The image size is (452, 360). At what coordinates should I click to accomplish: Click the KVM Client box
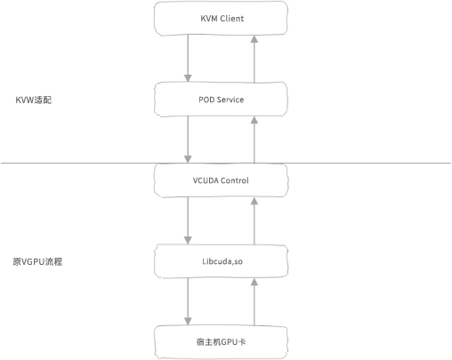click(x=221, y=19)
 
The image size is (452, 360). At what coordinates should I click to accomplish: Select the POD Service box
click(x=221, y=100)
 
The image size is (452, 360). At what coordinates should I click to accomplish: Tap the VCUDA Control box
click(x=221, y=180)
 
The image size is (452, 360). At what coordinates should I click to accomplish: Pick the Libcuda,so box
click(x=221, y=261)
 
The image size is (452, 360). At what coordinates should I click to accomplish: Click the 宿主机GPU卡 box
click(x=221, y=342)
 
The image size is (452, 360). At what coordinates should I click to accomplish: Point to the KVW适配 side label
click(x=34, y=100)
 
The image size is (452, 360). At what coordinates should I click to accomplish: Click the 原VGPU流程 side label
click(x=37, y=262)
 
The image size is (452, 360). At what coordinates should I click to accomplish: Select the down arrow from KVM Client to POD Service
click(x=188, y=59)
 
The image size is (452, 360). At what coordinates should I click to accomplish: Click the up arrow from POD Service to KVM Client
click(x=254, y=59)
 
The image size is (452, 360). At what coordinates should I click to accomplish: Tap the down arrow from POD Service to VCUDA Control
click(x=188, y=140)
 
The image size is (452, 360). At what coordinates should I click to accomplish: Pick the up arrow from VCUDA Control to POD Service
click(x=254, y=140)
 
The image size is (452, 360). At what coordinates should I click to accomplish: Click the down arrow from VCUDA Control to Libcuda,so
click(x=188, y=220)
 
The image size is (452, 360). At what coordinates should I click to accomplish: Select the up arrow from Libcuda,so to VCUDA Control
click(x=254, y=221)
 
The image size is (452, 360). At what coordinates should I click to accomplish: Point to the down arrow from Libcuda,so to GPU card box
click(x=188, y=301)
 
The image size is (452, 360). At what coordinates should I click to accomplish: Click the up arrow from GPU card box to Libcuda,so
click(x=254, y=302)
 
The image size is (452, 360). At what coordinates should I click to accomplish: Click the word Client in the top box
click(x=232, y=19)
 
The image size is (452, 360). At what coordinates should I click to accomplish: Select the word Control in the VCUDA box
click(x=235, y=180)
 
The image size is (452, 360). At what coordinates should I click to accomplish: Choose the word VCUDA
click(x=206, y=180)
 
